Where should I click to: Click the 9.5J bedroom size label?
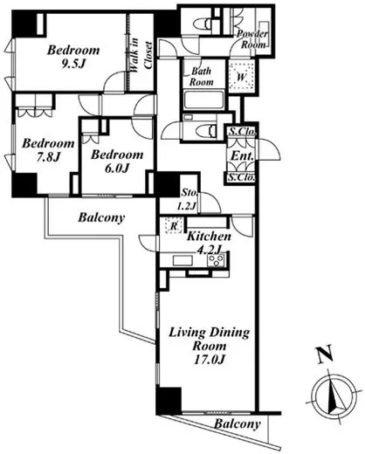[73, 57]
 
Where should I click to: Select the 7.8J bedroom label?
[48, 149]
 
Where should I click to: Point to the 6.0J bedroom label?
[117, 161]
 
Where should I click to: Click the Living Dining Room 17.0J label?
[210, 346]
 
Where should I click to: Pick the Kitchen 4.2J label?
[209, 243]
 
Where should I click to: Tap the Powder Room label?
[252, 39]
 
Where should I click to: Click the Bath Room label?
[202, 76]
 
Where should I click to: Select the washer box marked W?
[242, 76]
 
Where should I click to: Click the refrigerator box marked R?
[174, 225]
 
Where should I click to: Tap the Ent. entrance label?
[242, 155]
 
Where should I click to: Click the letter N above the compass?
[325, 354]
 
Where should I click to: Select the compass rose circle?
[334, 395]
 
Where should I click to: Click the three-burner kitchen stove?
[216, 260]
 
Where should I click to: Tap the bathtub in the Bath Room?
[203, 100]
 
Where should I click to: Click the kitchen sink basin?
[182, 260]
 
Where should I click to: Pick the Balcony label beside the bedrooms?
[101, 218]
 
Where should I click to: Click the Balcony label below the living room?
[237, 424]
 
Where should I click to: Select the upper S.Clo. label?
[242, 131]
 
